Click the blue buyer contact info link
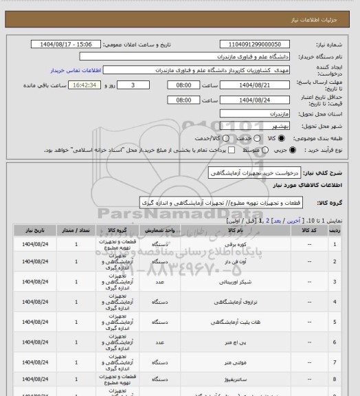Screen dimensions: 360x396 pyautogui.click(x=72, y=71)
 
